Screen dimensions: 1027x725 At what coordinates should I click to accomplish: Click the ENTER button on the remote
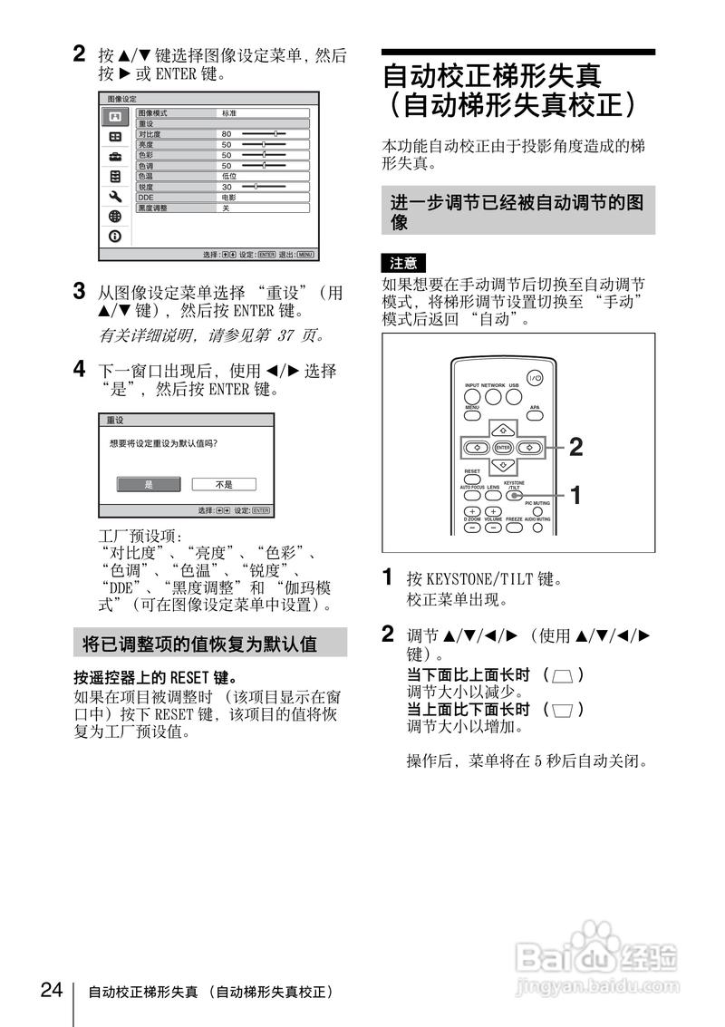tap(503, 447)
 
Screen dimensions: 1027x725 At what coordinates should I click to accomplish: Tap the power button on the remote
tap(534, 379)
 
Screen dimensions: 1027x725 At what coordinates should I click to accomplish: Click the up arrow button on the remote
tap(503, 428)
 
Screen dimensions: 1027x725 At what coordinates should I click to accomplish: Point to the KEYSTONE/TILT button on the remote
tap(513, 496)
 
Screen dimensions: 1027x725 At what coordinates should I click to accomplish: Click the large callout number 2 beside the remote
tap(575, 446)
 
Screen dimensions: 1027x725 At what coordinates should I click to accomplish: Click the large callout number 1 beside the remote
tap(575, 495)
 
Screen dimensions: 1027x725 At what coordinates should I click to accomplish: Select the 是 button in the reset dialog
tap(149, 484)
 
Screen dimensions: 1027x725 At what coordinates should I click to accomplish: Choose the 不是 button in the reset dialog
tap(223, 484)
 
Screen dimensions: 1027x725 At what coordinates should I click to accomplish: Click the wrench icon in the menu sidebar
tap(115, 196)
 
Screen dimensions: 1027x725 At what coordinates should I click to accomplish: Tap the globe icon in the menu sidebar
tap(115, 216)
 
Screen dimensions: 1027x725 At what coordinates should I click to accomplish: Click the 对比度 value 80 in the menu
tap(227, 133)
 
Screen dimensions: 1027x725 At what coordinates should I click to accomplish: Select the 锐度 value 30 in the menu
tap(227, 186)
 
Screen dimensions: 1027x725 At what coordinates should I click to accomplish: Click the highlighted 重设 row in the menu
tap(223, 123)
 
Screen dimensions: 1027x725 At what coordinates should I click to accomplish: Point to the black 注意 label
tap(403, 263)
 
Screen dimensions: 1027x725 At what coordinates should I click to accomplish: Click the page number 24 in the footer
tap(52, 988)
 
